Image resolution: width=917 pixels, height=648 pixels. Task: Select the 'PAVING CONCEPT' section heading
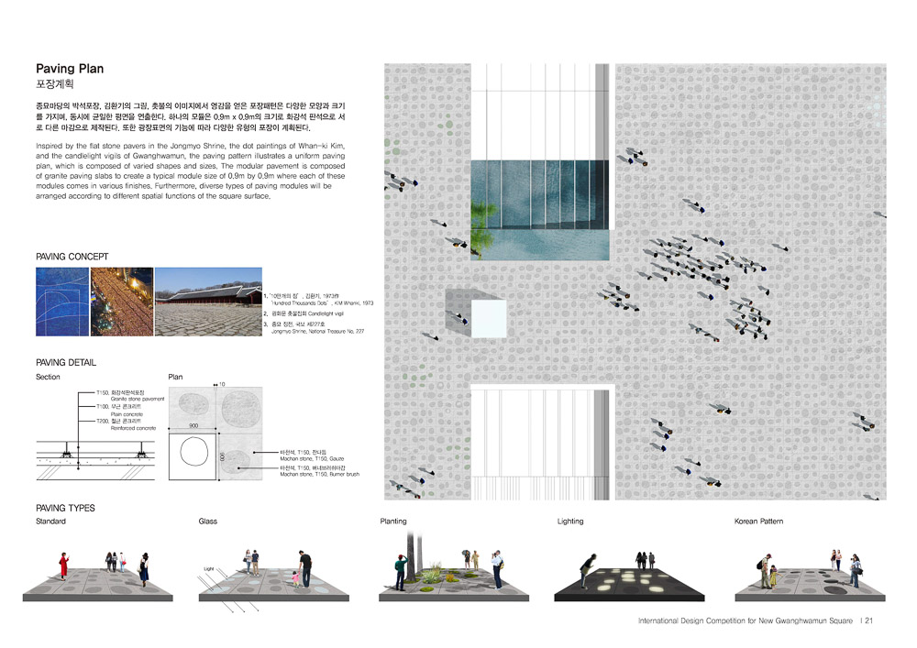point(72,257)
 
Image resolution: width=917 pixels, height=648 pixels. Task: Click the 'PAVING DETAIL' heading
point(66,363)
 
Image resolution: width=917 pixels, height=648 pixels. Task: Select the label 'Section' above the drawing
point(50,377)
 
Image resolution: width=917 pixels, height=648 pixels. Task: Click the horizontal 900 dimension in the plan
point(194,425)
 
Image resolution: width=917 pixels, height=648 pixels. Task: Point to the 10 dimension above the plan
point(221,385)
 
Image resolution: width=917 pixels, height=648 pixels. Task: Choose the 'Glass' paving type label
point(207,521)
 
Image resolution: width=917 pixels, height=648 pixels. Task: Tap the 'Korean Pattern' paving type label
point(758,521)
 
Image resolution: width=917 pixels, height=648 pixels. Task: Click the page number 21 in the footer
point(867,621)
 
